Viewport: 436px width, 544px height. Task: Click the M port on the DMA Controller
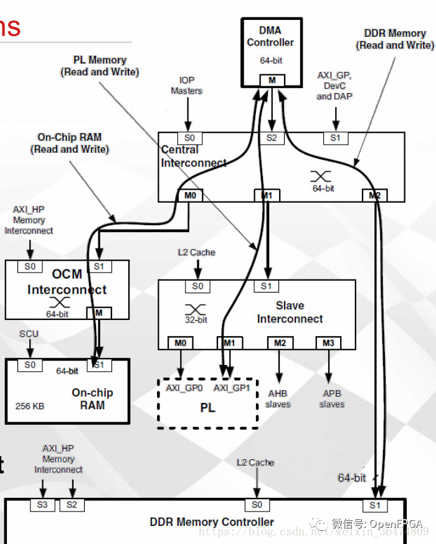coord(272,80)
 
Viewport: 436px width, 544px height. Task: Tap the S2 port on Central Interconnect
coord(272,138)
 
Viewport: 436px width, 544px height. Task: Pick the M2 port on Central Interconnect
coord(374,196)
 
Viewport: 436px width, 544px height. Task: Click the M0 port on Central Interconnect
coord(191,196)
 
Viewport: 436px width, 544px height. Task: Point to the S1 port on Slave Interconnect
coord(266,286)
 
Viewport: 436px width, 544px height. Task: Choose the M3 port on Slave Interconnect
coord(328,342)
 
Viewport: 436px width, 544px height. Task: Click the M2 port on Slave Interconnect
coord(280,342)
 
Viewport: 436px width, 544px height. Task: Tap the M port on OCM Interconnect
coord(98,313)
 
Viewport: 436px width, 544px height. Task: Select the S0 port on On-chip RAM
coord(31,365)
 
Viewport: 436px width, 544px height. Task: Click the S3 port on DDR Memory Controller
coord(42,505)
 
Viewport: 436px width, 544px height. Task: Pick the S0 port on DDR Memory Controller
coord(257,505)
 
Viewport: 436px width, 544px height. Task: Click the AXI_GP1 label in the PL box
coord(232,388)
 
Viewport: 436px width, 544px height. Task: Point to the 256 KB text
coord(30,406)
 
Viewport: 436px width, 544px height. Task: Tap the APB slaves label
coord(331,399)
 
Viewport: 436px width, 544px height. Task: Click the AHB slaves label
coord(278,399)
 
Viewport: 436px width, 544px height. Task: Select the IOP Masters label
coord(187,85)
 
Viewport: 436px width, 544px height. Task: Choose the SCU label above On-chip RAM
coord(29,334)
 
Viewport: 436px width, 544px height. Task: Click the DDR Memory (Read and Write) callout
coord(395,39)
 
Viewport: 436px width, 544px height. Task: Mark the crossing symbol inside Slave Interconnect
coord(196,309)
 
